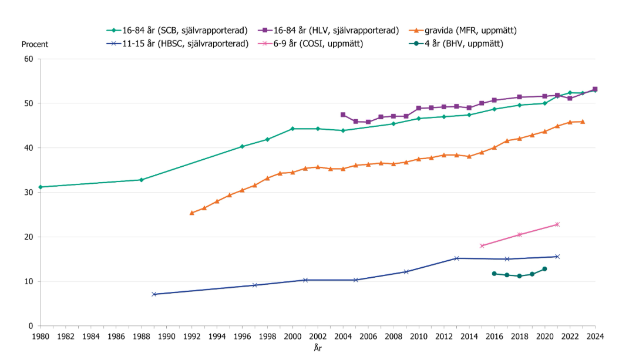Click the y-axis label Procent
[35, 44]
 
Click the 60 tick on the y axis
[28, 59]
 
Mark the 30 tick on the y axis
[28, 193]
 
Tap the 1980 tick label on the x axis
[40, 337]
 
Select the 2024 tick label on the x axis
[595, 337]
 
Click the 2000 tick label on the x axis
[292, 337]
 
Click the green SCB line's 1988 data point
[141, 180]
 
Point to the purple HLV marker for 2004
[343, 115]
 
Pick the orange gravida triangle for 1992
[191, 213]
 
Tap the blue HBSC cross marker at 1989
[154, 294]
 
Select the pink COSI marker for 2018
[519, 235]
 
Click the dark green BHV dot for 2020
[544, 269]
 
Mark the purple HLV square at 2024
[595, 89]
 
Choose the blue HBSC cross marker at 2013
[456, 258]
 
